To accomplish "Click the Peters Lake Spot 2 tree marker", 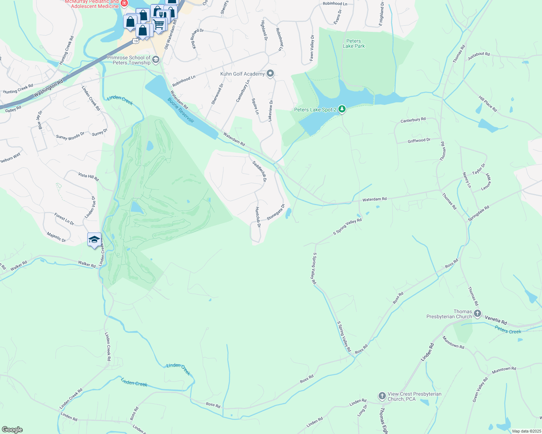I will [x=342, y=109].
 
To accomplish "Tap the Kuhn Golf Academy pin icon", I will [x=270, y=74].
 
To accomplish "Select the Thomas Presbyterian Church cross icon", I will [x=478, y=314].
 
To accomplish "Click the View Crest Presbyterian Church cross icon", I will [x=382, y=396].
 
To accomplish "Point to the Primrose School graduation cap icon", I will [x=156, y=60].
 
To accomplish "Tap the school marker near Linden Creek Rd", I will [x=94, y=239].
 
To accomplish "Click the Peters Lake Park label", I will [x=354, y=43].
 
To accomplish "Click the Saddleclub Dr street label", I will [x=260, y=171].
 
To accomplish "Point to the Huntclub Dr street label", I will [x=258, y=217].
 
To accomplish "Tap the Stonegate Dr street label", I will [x=276, y=212].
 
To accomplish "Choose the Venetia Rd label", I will [x=496, y=320].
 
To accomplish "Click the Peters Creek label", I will [x=508, y=329].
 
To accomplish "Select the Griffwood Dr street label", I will [x=419, y=140].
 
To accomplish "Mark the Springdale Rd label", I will [x=478, y=213].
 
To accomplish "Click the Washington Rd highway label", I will [x=49, y=89].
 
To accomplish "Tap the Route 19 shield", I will [x=135, y=41].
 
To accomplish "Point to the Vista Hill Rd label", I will [x=88, y=176].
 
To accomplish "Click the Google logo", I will [x=12, y=430].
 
